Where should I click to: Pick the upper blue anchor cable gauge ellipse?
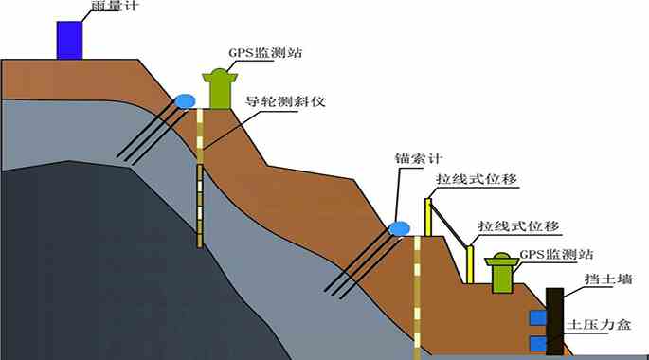183,100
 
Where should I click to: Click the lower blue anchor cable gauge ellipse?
397,228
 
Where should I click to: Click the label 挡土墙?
608,279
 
